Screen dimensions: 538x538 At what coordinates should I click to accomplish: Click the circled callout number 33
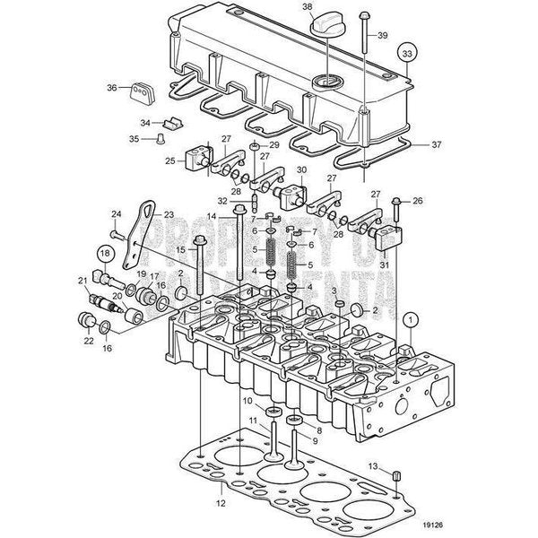408,54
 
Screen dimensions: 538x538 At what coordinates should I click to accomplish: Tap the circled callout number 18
106,254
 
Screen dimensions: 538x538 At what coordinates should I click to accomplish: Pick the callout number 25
170,162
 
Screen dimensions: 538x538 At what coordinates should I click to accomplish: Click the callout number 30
300,170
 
